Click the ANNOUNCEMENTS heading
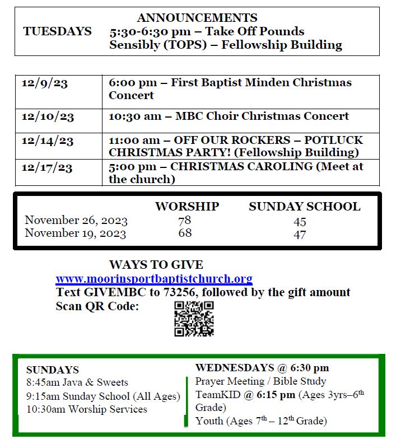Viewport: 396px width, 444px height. [x=197, y=18]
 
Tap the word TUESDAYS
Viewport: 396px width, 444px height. [x=57, y=31]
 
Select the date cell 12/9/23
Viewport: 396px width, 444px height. [x=45, y=83]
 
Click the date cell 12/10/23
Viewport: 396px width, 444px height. [x=48, y=117]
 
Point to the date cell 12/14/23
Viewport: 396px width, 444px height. [x=48, y=141]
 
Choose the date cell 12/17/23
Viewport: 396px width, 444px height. [x=48, y=167]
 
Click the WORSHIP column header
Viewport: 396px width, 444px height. [x=187, y=207]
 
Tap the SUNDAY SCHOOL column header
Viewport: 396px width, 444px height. [x=304, y=207]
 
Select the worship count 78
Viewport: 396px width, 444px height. [x=184, y=221]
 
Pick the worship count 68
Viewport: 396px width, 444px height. [x=185, y=233]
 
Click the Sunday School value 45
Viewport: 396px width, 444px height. [x=300, y=222]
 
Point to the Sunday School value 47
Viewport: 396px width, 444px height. [x=300, y=235]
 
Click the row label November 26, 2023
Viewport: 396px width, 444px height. [x=76, y=221]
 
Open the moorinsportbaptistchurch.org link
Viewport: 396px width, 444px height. [x=154, y=279]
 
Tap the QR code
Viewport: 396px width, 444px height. [x=194, y=318]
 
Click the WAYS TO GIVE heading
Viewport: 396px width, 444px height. [x=156, y=265]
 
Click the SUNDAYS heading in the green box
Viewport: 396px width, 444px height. [x=52, y=370]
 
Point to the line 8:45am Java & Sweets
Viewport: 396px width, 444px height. [x=77, y=383]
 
